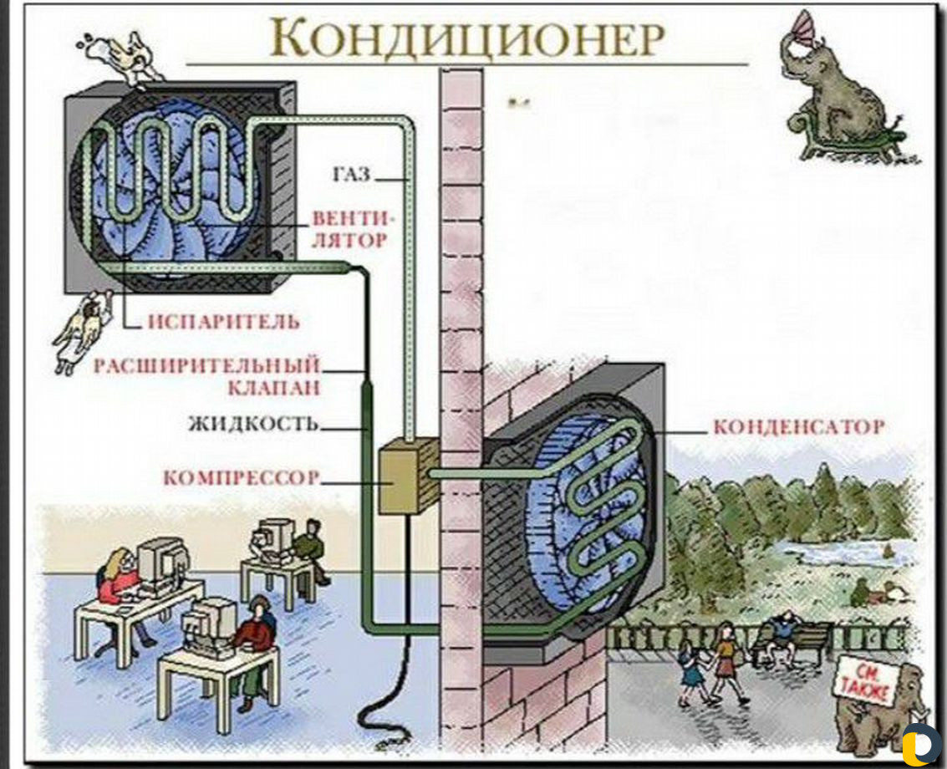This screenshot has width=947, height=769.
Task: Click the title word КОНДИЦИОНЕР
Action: [467, 37]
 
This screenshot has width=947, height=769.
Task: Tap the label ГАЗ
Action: [352, 175]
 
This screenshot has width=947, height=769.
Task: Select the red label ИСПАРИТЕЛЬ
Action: [223, 321]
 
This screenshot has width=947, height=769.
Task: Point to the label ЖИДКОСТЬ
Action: [253, 424]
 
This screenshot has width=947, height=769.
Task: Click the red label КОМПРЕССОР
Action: [242, 478]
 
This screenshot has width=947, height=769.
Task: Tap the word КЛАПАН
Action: [273, 387]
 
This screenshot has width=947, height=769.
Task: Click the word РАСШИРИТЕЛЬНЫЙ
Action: [206, 366]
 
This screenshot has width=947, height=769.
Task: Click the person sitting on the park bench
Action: [782, 638]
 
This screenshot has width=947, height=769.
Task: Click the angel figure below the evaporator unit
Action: [82, 330]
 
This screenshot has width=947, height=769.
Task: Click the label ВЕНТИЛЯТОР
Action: [350, 230]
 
